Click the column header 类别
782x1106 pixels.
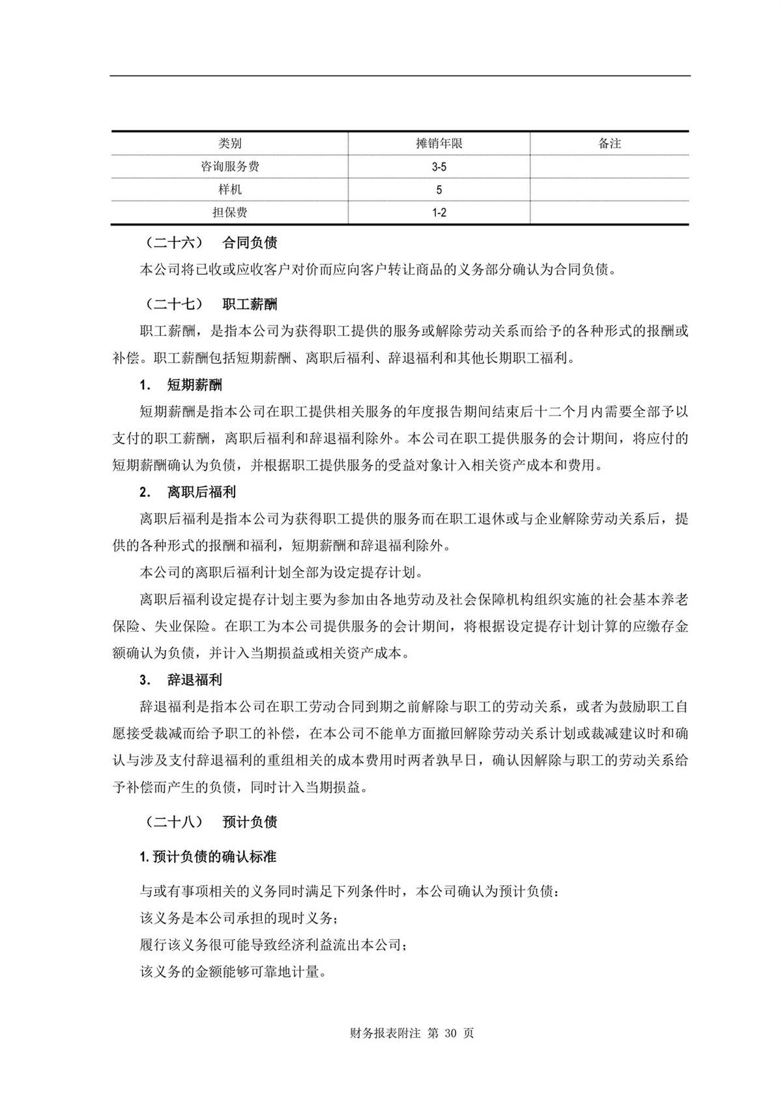click(x=229, y=143)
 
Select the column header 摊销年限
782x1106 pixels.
click(x=439, y=143)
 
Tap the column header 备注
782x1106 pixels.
click(x=609, y=143)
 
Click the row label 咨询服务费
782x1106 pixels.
click(x=229, y=167)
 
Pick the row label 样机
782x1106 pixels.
click(x=229, y=190)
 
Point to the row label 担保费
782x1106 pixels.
click(x=229, y=213)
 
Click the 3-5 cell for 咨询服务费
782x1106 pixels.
click(x=439, y=167)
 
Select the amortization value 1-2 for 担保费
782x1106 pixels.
click(x=439, y=213)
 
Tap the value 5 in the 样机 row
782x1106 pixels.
click(x=439, y=190)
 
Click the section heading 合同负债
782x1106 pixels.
click(x=250, y=243)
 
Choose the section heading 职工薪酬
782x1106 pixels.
click(x=250, y=304)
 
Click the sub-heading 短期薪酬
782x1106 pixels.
click(x=195, y=385)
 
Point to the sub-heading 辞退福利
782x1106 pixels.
click(x=195, y=680)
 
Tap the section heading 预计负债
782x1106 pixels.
click(x=250, y=822)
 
